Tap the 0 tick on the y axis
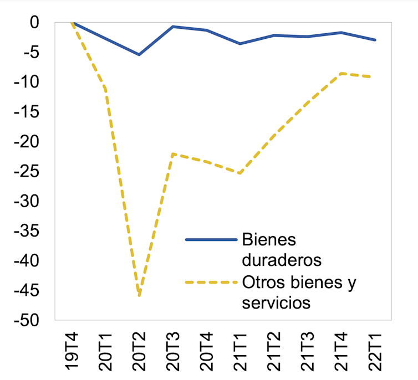point(35,23)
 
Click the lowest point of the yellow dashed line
point(139,295)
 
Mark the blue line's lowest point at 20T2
point(139,54)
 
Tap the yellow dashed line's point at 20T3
point(173,153)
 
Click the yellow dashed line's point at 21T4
point(341,73)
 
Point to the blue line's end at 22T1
point(375,40)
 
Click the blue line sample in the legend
point(211,240)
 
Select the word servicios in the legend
point(276,303)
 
